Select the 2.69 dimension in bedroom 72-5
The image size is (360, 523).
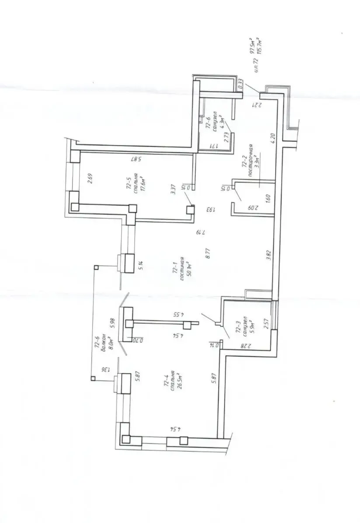coord(90,179)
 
